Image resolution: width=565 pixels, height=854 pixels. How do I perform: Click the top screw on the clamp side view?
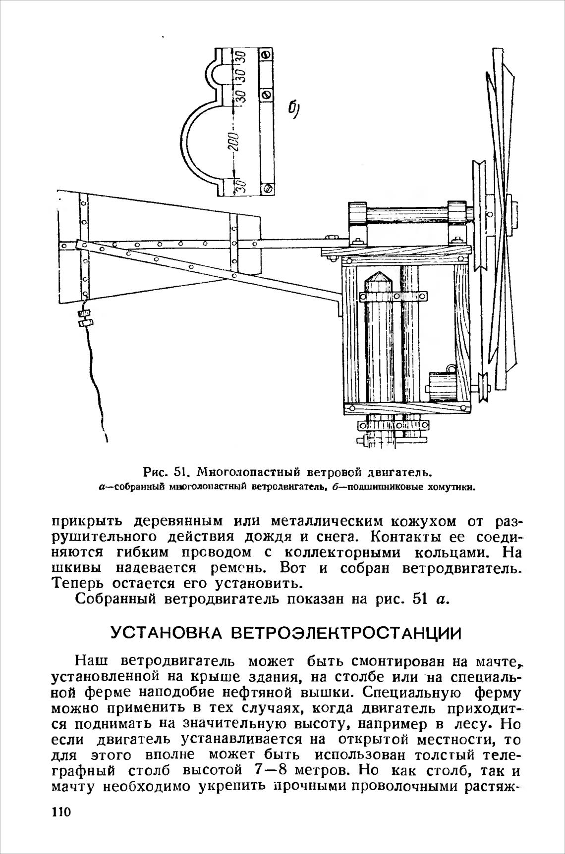click(266, 54)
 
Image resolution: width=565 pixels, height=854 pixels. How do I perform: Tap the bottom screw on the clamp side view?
click(267, 188)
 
